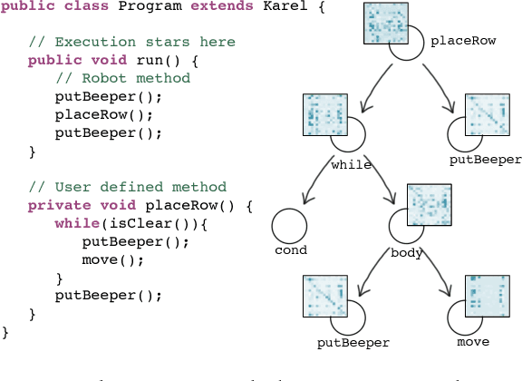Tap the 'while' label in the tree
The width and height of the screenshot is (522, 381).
pos(351,165)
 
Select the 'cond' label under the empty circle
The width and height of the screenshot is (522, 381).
pos(291,250)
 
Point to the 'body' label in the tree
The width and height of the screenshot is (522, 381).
pos(407,253)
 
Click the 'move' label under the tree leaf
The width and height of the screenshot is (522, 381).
pos(473,342)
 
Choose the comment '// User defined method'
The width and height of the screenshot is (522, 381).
pos(109,187)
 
